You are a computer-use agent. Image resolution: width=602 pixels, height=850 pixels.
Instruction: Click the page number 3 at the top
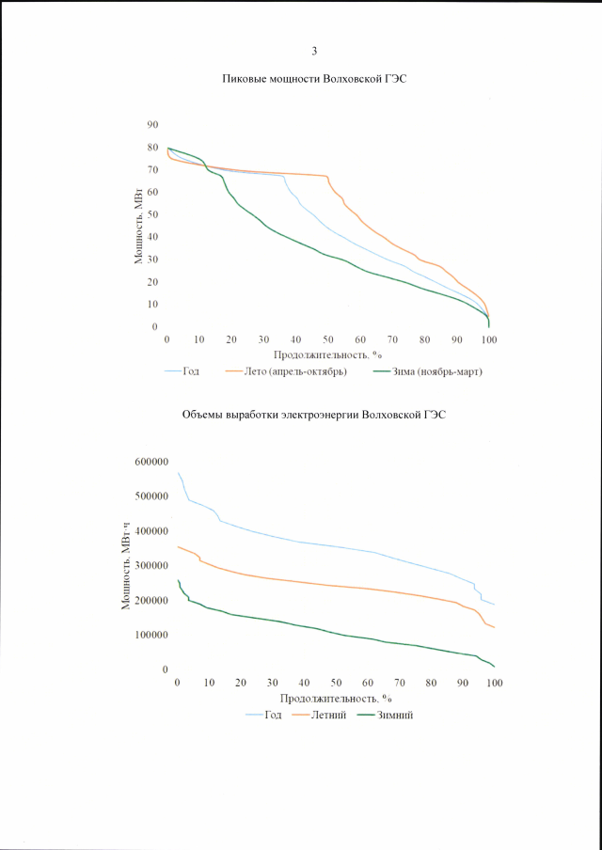(x=314, y=51)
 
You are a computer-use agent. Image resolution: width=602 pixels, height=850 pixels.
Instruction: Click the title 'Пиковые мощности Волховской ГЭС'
(x=313, y=80)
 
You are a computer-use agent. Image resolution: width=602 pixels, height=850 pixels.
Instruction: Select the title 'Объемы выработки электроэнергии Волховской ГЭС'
(x=313, y=415)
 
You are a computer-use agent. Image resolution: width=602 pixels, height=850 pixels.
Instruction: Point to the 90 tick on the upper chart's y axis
(x=152, y=125)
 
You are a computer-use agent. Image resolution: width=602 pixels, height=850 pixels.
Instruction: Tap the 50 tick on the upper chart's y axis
(x=152, y=214)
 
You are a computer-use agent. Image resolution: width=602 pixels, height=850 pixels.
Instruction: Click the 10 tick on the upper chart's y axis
(x=152, y=305)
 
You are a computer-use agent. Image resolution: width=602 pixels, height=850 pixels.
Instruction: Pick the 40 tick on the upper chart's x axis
(x=296, y=339)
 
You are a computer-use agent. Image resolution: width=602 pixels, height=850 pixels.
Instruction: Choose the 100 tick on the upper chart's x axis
(x=488, y=339)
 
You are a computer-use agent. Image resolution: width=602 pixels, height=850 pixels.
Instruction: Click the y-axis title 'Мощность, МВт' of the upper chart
(x=137, y=226)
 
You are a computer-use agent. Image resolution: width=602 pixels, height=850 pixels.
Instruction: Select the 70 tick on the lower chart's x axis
(x=400, y=682)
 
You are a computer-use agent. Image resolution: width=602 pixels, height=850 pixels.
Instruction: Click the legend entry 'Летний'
(x=332, y=715)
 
